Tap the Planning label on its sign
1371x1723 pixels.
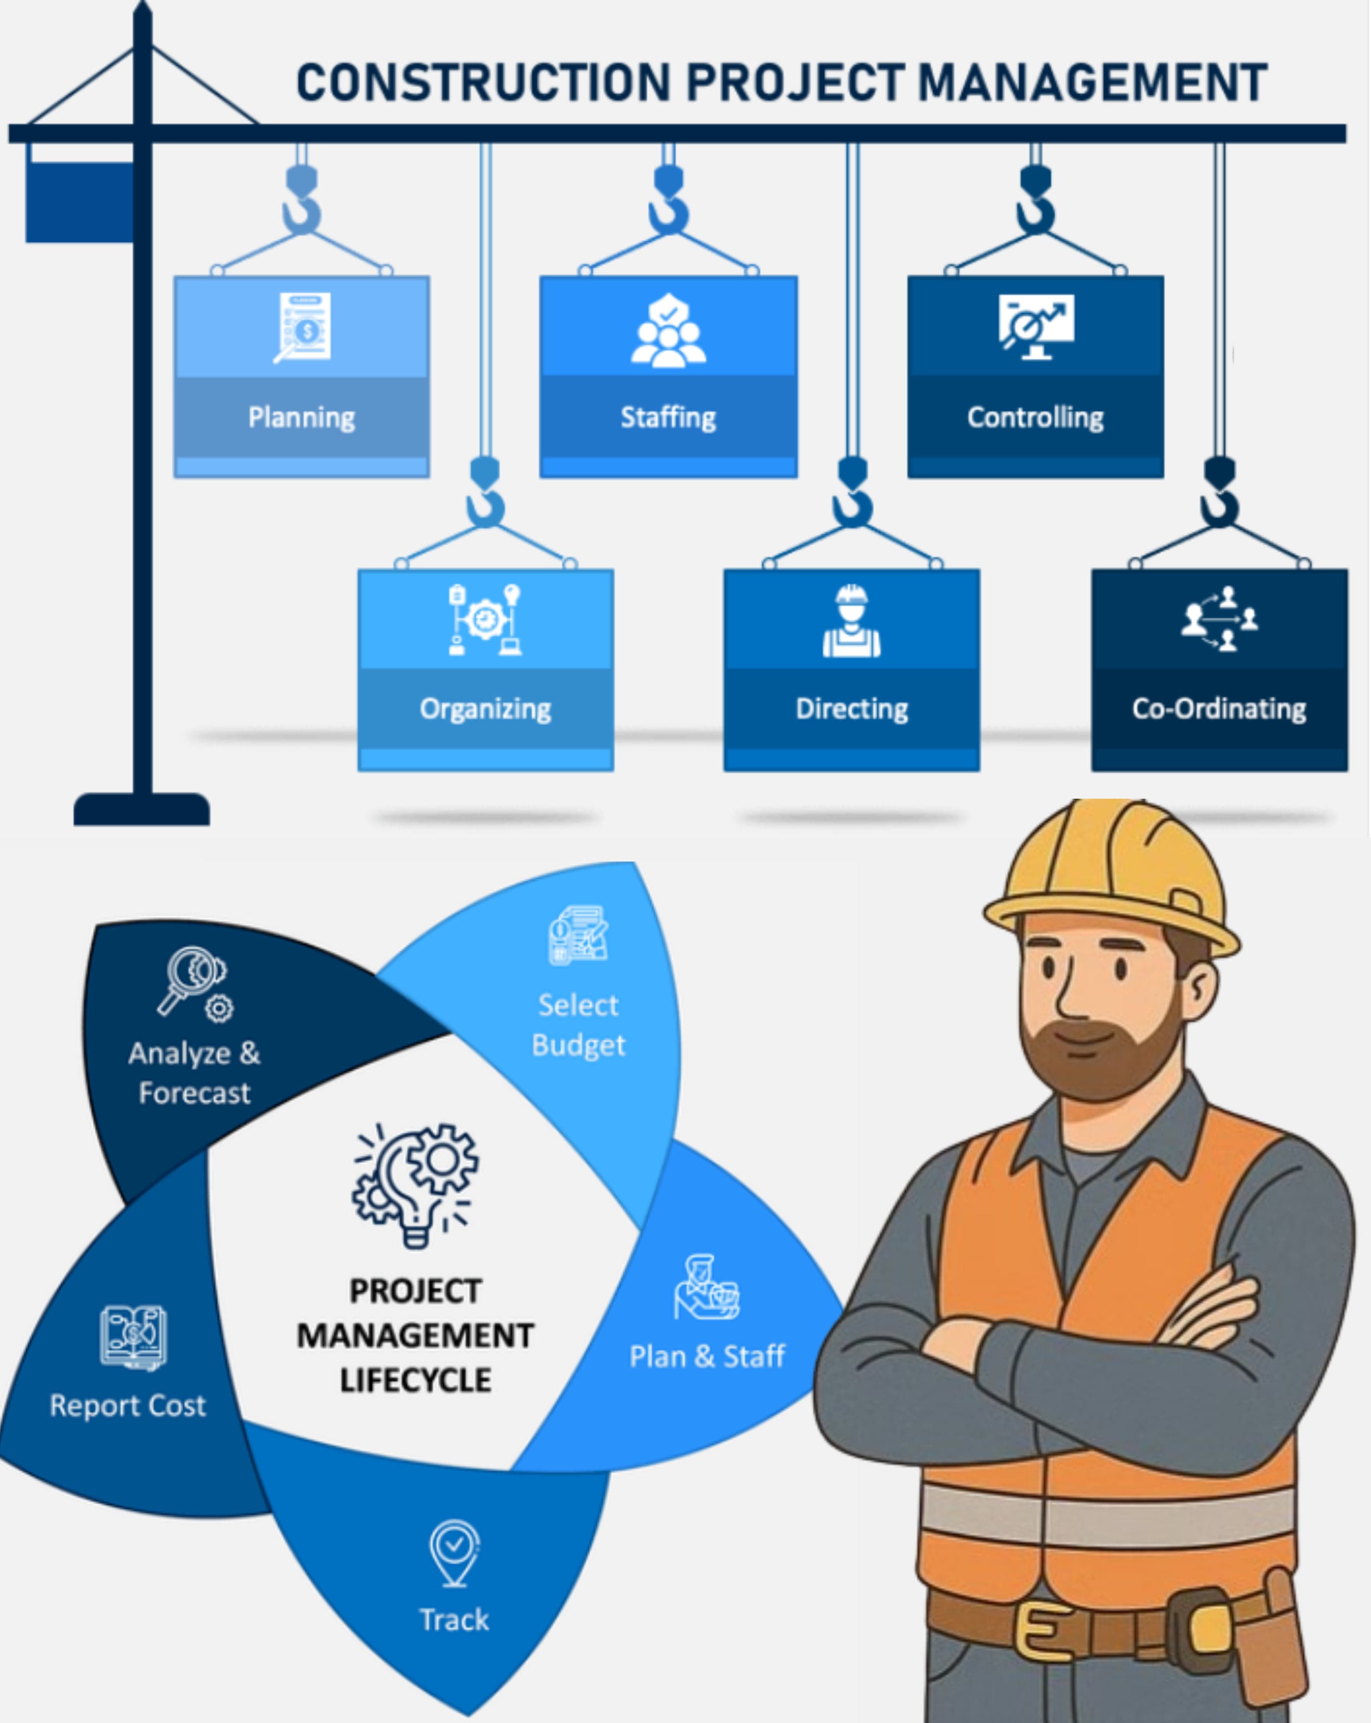[x=302, y=417]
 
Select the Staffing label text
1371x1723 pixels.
[x=668, y=417]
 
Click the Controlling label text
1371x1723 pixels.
[x=1035, y=417]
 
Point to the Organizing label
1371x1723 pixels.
[x=485, y=709]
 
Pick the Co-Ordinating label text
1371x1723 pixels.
[x=1219, y=709]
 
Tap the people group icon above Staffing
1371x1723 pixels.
[x=668, y=331]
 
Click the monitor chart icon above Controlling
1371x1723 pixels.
[x=1036, y=326]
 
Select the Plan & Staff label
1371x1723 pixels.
[x=707, y=1356]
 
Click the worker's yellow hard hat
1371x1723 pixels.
[x=1111, y=871]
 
